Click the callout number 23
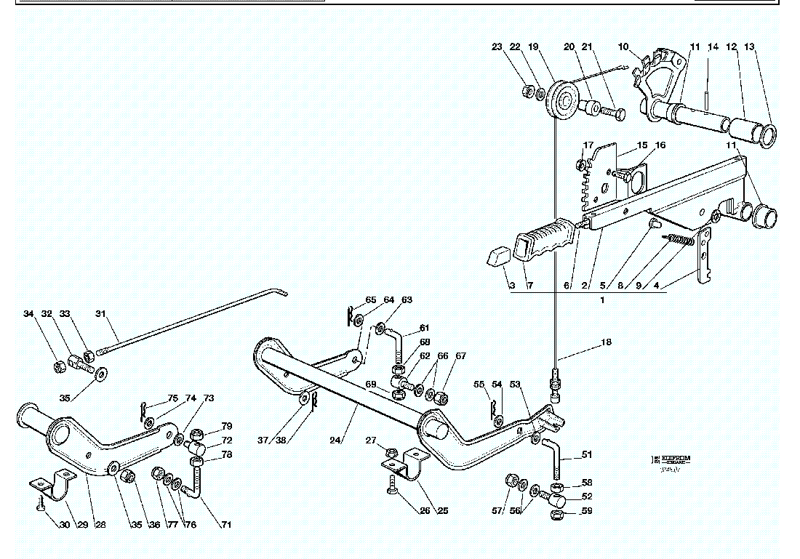pyautogui.click(x=497, y=47)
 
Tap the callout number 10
pyautogui.click(x=623, y=47)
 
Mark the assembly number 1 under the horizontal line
pyautogui.click(x=602, y=299)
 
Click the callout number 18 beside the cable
pyautogui.click(x=606, y=341)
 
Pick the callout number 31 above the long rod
pyautogui.click(x=101, y=314)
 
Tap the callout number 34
pyautogui.click(x=28, y=314)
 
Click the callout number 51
pyautogui.click(x=586, y=455)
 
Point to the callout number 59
pyautogui.click(x=586, y=511)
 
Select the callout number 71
pyautogui.click(x=226, y=525)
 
